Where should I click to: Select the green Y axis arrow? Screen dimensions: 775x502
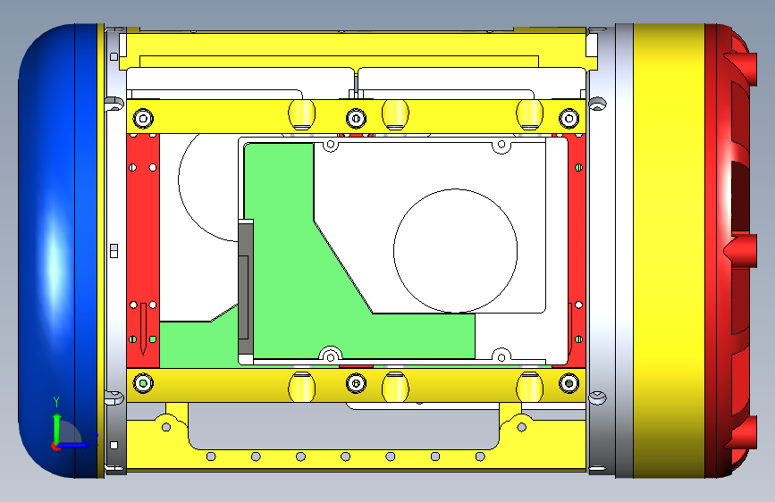pos(57,422)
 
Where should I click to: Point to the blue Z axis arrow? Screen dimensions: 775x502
pos(74,445)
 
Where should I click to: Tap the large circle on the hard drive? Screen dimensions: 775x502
pos(455,250)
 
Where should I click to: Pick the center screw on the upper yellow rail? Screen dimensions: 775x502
pos(356,118)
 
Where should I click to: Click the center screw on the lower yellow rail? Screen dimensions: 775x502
pos(356,383)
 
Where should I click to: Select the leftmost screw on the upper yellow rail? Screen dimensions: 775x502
pos(143,118)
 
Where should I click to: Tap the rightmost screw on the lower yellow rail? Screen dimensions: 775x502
pos(569,383)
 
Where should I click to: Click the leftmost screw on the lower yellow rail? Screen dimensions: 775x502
pos(143,383)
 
